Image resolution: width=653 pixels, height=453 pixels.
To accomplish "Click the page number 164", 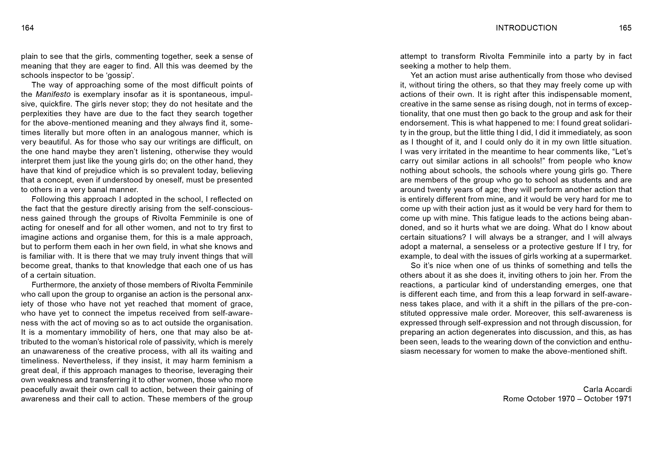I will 28,28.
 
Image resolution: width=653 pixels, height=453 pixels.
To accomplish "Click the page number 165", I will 625,28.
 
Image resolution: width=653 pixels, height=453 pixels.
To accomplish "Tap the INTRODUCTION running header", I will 526,28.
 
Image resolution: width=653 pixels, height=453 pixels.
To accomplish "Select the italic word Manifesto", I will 53,94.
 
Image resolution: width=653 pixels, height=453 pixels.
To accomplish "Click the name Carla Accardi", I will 607,389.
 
